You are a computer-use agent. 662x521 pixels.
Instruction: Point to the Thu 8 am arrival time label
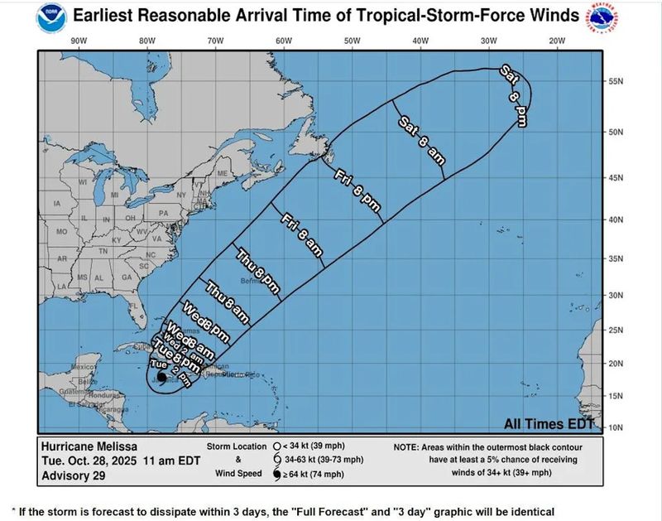226,304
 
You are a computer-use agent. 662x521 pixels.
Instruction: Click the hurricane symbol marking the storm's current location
161,378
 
